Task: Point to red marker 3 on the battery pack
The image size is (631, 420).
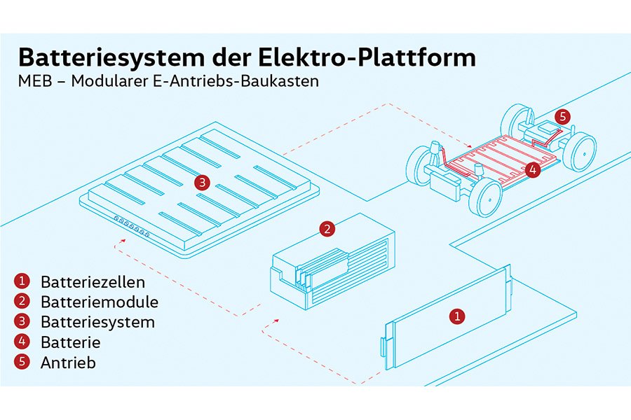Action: (x=202, y=183)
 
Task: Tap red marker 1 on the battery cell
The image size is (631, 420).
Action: (x=456, y=316)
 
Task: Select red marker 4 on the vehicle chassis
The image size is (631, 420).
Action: (x=532, y=169)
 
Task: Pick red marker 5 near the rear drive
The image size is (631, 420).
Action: (x=561, y=116)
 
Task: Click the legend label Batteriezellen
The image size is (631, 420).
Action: (x=93, y=283)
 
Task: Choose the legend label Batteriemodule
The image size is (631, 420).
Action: (x=99, y=302)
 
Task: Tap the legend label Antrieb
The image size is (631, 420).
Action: (x=68, y=363)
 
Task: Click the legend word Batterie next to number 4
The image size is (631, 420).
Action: (x=70, y=342)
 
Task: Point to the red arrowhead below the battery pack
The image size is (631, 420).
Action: (x=116, y=246)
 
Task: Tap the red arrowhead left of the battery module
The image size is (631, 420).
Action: (x=277, y=320)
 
